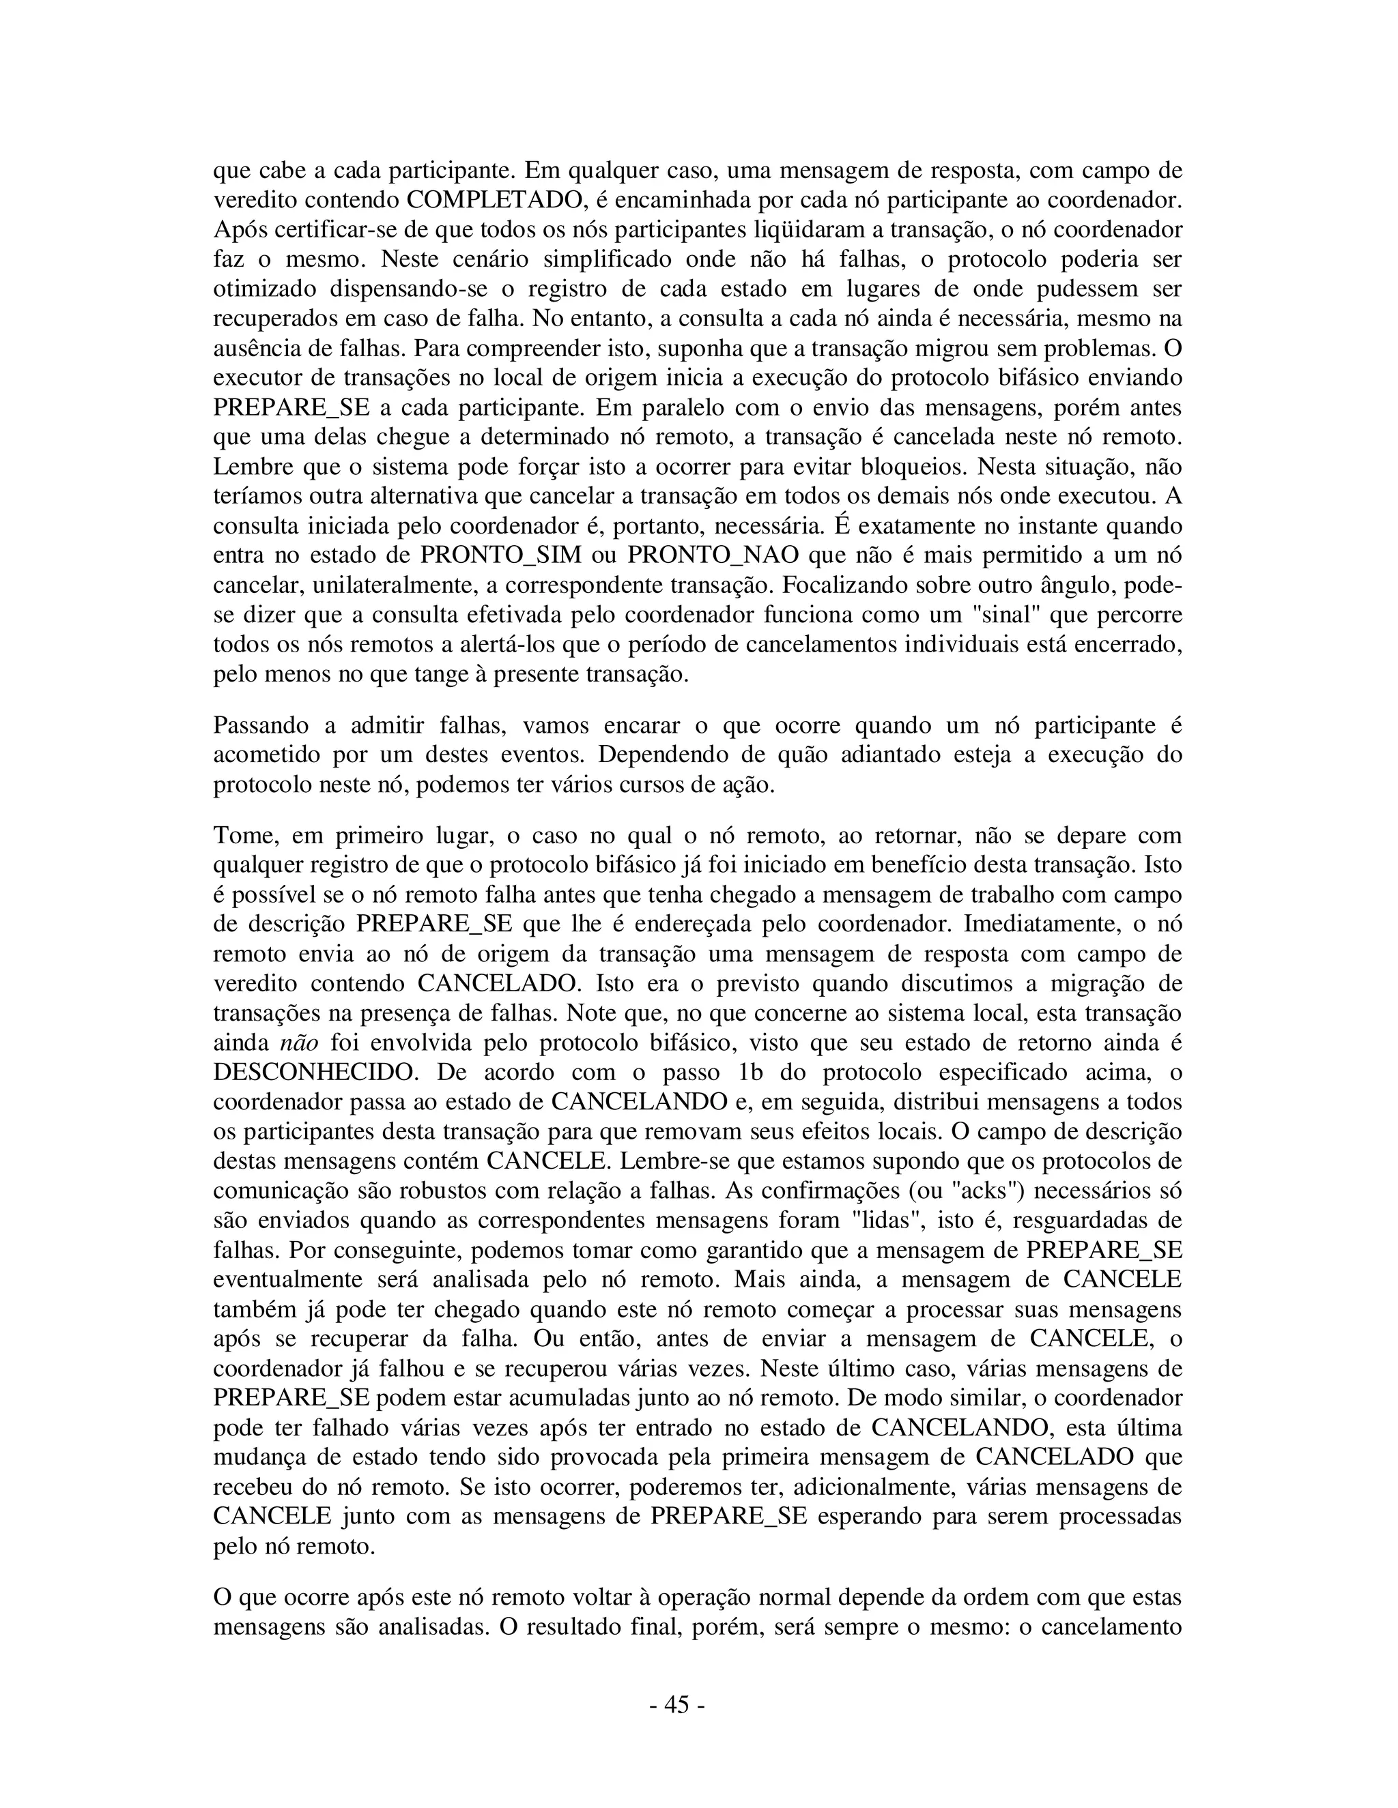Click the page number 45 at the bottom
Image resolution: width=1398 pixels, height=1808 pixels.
point(676,1704)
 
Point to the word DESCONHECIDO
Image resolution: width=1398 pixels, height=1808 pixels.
point(314,1072)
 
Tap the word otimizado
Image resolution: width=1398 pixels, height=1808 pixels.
point(264,289)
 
